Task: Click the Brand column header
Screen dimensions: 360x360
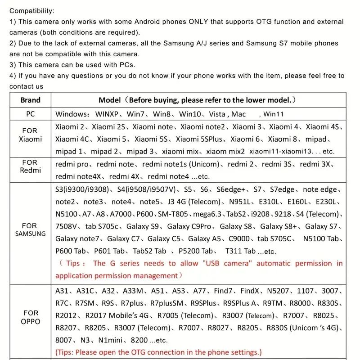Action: pyautogui.click(x=31, y=100)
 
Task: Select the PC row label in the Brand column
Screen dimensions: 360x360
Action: pyautogui.click(x=30, y=114)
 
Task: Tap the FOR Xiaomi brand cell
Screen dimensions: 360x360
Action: pyautogui.click(x=30, y=135)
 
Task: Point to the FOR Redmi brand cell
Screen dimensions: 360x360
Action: pyautogui.click(x=30, y=166)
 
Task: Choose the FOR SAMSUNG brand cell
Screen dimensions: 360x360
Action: pyautogui.click(x=30, y=229)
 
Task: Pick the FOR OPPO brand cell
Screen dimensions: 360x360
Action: pyautogui.click(x=30, y=317)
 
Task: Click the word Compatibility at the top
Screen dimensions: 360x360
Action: pyautogui.click(x=32, y=11)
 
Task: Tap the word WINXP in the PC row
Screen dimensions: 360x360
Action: pyautogui.click(x=109, y=114)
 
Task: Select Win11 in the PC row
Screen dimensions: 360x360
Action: pyautogui.click(x=274, y=114)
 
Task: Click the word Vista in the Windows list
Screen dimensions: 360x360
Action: pyautogui.click(x=217, y=114)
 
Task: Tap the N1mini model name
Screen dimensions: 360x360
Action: pyautogui.click(x=111, y=340)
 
